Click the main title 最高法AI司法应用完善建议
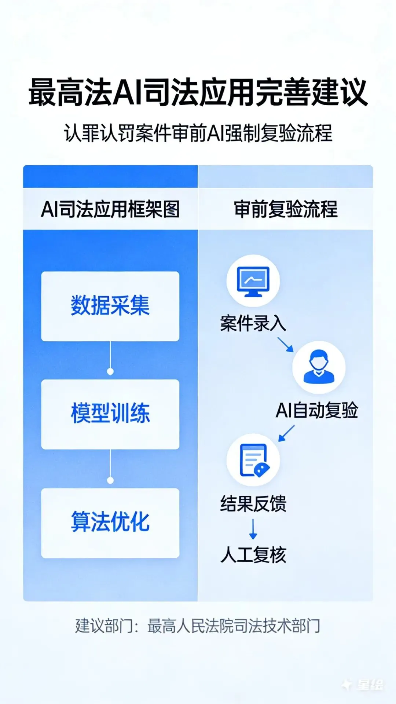(x=198, y=92)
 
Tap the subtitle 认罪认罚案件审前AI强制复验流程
(x=198, y=133)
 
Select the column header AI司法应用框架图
(x=110, y=209)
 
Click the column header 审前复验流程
(x=286, y=209)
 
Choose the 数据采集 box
(x=110, y=306)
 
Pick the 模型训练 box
(x=110, y=414)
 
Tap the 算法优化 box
(x=110, y=522)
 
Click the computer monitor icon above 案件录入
(x=253, y=281)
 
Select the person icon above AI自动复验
(x=319, y=367)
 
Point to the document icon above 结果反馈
(x=253, y=460)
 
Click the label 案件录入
(x=253, y=324)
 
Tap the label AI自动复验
(x=317, y=410)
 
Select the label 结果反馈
(x=253, y=503)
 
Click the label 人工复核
(x=253, y=555)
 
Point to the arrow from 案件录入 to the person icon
(x=286, y=344)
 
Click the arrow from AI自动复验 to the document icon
(x=286, y=433)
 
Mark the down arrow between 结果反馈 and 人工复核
(x=253, y=529)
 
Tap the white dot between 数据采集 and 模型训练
(x=110, y=371)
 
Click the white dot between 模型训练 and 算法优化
(x=110, y=480)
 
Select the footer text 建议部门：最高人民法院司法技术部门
(x=198, y=626)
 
